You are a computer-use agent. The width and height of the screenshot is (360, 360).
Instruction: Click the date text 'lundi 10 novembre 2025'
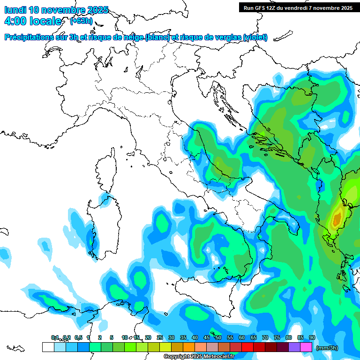[56, 10]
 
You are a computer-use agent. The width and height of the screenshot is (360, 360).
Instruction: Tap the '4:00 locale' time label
[33, 21]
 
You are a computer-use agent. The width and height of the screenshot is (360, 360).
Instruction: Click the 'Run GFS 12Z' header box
[297, 7]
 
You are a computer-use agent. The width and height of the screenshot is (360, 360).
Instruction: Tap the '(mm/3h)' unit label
[327, 348]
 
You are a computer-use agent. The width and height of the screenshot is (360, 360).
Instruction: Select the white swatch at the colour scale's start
[48, 347]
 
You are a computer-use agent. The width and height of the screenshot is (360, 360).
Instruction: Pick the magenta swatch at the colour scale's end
[306, 347]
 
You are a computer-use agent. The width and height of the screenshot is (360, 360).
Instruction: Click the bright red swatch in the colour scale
[247, 347]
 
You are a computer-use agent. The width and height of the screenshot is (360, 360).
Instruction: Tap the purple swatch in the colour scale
[294, 347]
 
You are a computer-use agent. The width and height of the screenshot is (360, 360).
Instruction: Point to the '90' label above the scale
[312, 338]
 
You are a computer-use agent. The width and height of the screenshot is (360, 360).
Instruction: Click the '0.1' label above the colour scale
[55, 338]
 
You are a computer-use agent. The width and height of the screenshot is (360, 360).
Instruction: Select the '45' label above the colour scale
[207, 338]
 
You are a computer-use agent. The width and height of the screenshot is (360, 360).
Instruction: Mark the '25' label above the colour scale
[160, 338]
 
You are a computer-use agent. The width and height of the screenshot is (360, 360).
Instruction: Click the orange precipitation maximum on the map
[337, 218]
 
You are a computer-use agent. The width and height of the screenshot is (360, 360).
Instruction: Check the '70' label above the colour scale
[265, 338]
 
